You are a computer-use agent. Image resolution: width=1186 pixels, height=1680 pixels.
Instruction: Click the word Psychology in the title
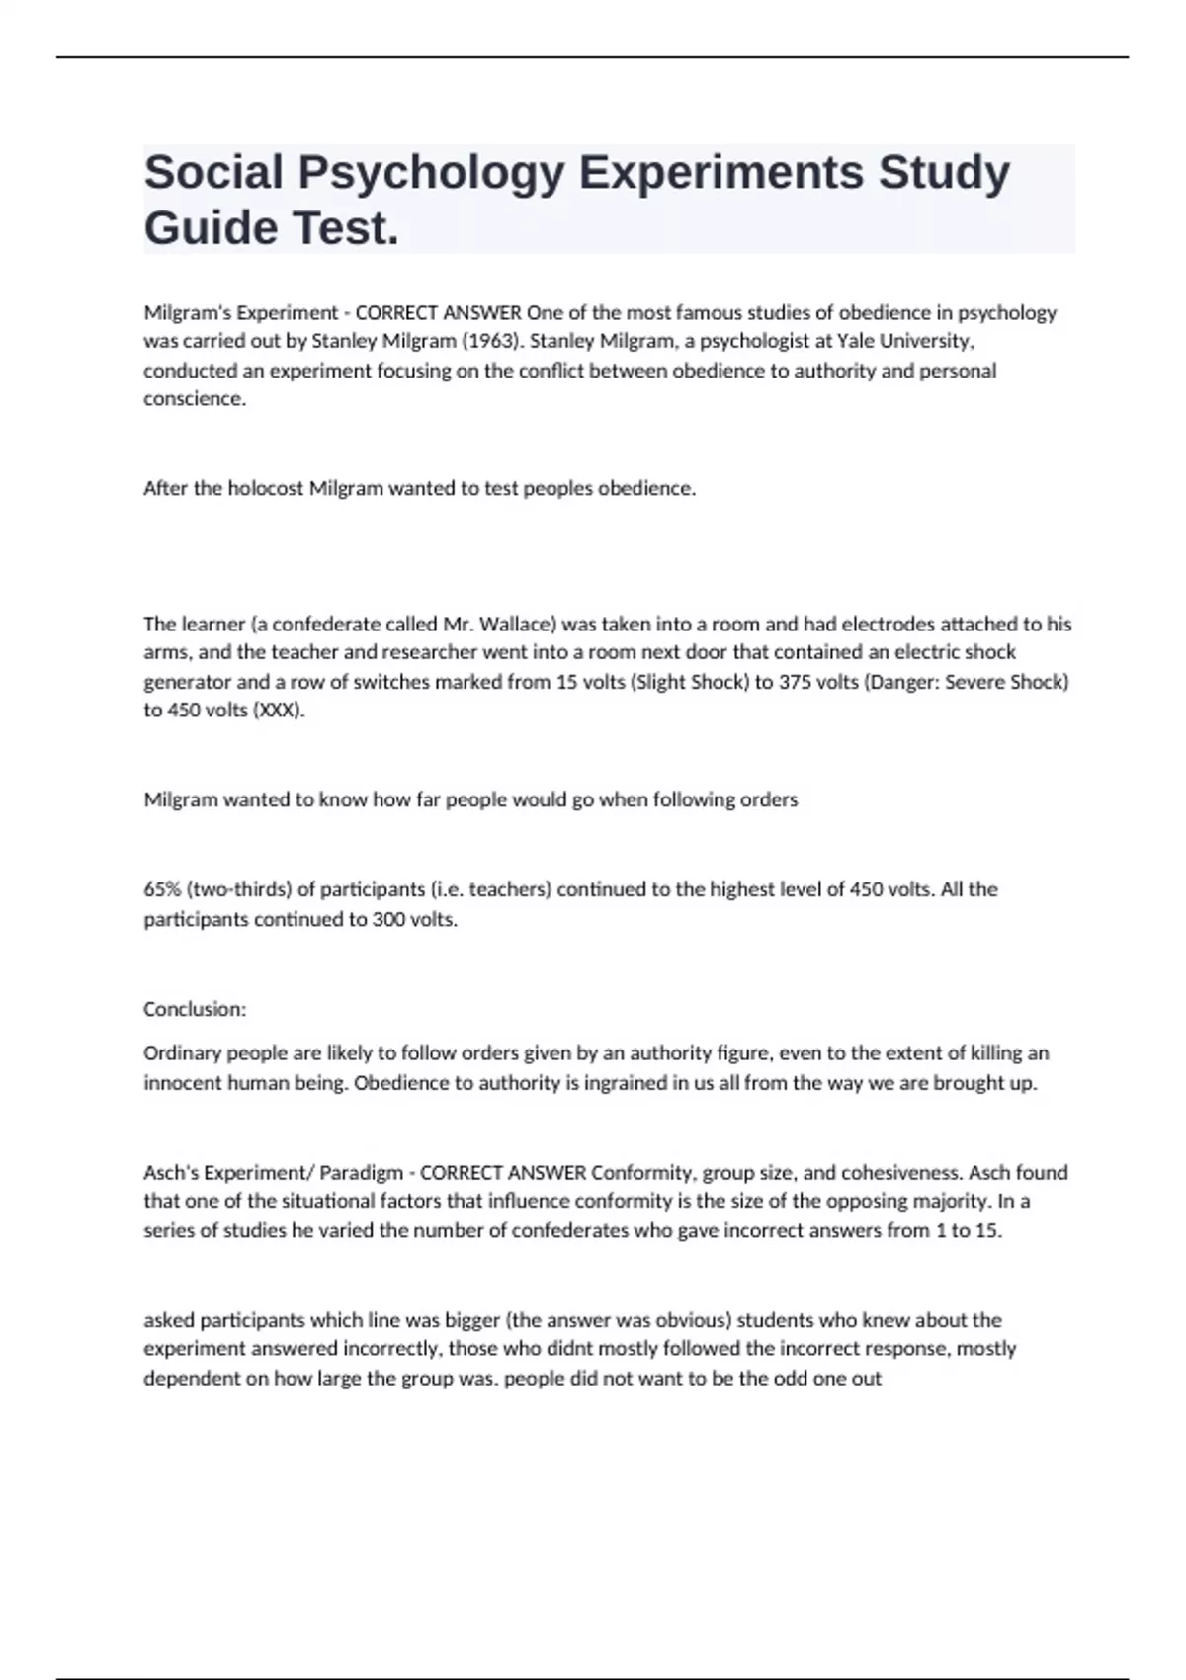(432, 173)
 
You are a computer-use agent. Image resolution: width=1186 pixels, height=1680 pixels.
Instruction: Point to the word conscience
(195, 399)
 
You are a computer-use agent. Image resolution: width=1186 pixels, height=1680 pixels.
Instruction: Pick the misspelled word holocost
(266, 489)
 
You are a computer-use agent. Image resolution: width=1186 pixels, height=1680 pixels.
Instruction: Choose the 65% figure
(161, 889)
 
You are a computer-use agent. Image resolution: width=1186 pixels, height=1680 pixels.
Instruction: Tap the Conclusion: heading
(195, 1009)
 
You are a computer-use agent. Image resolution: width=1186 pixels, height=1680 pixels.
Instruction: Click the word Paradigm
(362, 1173)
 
